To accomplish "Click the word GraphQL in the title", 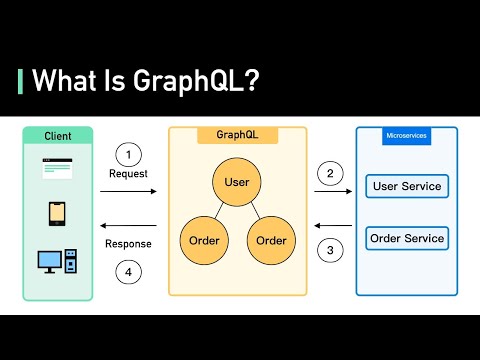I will (x=193, y=82).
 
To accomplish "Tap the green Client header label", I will (x=58, y=135).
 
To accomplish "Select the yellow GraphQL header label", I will (x=237, y=135).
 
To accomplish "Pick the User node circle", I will (x=237, y=182).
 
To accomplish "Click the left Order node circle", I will (x=203, y=241).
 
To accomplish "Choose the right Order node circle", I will (x=271, y=241).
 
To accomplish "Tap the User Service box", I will (x=406, y=186).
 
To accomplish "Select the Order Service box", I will (x=406, y=238).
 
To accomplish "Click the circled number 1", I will (x=127, y=154).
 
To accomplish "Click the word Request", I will (x=128, y=174).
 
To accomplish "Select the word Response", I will (x=128, y=244).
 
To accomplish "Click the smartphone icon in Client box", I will (x=58, y=214).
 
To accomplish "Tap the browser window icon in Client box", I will (x=58, y=169).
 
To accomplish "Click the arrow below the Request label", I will (x=128, y=190).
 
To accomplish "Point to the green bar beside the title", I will (x=21, y=82).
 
